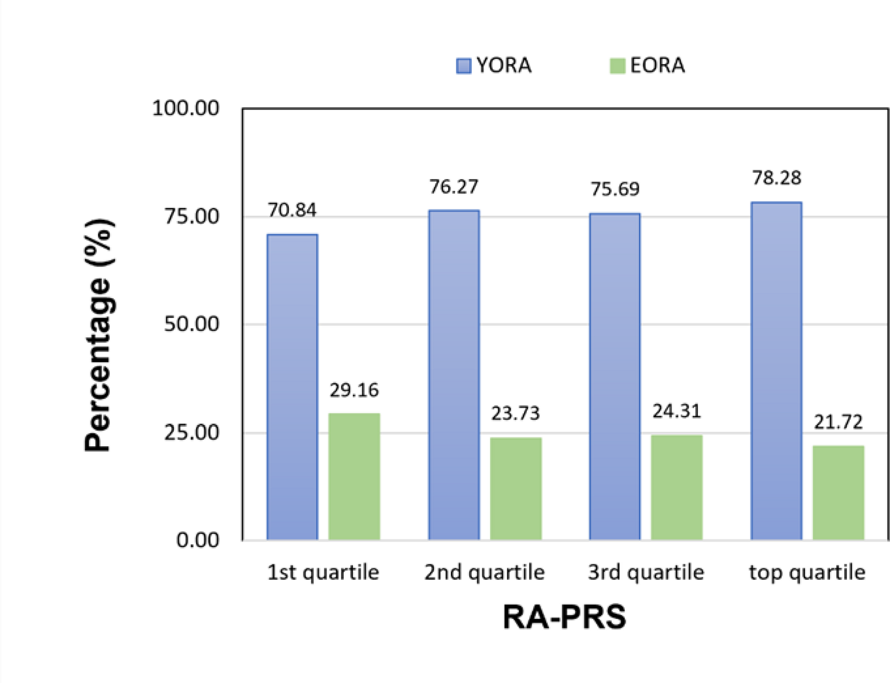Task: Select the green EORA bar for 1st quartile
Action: tap(354, 476)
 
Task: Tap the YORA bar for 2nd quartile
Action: tap(454, 375)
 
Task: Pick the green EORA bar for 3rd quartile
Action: tap(676, 487)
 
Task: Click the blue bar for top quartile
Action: tap(776, 371)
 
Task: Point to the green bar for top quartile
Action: tap(838, 492)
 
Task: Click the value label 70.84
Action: tap(292, 210)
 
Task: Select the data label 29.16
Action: tap(354, 390)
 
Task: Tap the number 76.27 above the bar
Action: tap(454, 187)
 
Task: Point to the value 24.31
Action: tap(676, 412)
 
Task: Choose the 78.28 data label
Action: tap(776, 178)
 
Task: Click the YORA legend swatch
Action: tap(463, 66)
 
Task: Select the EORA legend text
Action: tap(657, 66)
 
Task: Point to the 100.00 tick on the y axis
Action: tap(186, 108)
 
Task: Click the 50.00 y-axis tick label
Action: tap(191, 324)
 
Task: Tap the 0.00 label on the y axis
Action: tap(197, 540)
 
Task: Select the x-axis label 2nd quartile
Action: tap(484, 572)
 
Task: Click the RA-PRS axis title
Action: tap(564, 617)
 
